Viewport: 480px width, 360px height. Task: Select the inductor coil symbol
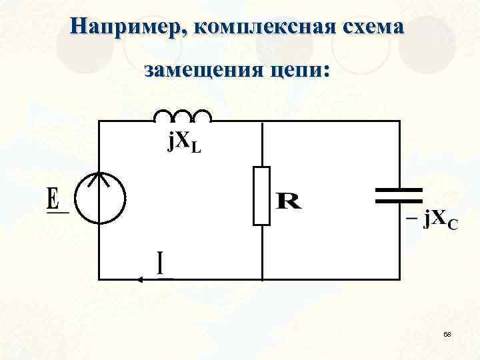click(183, 116)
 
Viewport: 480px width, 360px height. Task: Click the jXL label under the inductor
click(183, 142)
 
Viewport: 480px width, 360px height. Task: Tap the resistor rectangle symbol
click(262, 196)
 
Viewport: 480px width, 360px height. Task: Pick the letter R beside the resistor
click(288, 201)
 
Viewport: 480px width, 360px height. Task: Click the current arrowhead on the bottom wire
click(141, 279)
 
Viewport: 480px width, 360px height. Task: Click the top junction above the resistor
click(262, 121)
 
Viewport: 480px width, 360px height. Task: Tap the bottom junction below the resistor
click(262, 279)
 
